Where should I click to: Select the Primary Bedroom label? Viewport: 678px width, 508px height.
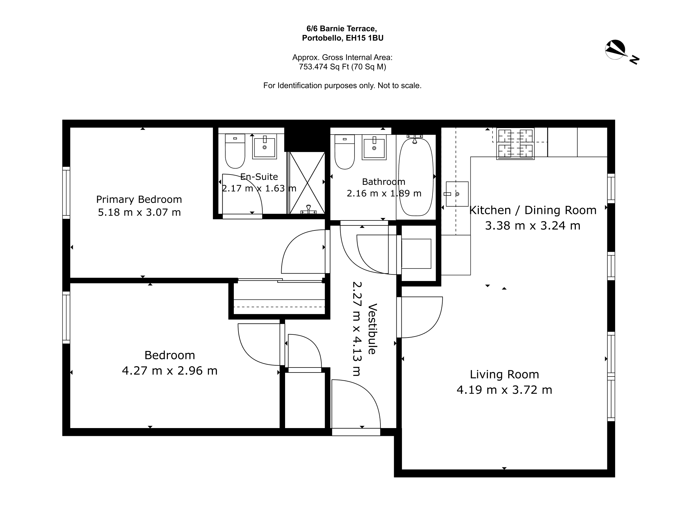click(139, 199)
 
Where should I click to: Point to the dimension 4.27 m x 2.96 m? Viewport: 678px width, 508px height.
click(170, 371)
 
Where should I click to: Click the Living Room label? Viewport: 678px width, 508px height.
click(505, 374)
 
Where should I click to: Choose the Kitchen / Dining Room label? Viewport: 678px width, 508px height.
click(533, 210)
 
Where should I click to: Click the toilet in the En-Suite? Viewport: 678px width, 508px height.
click(235, 151)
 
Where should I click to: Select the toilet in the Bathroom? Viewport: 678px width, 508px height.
click(344, 152)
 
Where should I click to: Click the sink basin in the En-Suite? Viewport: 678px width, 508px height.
click(264, 147)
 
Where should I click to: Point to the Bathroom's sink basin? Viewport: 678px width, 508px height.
click(374, 147)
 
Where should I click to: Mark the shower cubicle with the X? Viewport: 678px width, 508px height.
click(307, 183)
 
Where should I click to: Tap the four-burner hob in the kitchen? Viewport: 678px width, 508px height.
click(515, 144)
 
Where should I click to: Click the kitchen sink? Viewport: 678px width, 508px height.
click(457, 194)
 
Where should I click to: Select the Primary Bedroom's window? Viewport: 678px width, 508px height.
click(66, 193)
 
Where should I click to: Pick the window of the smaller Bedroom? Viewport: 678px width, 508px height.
click(66, 317)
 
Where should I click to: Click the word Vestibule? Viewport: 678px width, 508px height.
click(373, 329)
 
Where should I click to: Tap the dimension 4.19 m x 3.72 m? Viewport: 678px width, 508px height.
click(505, 390)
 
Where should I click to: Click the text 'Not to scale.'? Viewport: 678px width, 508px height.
click(400, 86)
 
